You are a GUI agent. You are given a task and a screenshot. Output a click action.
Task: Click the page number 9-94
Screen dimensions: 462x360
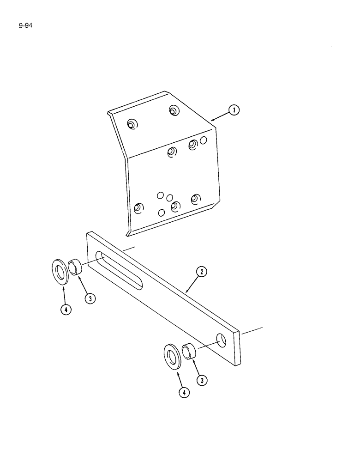pyautogui.click(x=26, y=20)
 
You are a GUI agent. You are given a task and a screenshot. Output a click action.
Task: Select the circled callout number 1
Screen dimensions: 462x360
pyautogui.click(x=234, y=110)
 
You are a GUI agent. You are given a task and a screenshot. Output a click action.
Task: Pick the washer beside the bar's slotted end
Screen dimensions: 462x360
pyautogui.click(x=60, y=273)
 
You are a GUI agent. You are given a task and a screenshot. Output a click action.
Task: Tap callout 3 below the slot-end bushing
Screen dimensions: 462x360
pyautogui.click(x=90, y=298)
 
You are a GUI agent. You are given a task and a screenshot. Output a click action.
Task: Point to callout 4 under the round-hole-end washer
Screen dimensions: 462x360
pyautogui.click(x=184, y=393)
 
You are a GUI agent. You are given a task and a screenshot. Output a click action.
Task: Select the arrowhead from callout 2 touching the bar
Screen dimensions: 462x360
pyautogui.click(x=186, y=291)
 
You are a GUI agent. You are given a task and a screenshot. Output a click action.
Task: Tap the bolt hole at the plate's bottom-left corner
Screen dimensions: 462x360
pyautogui.click(x=137, y=208)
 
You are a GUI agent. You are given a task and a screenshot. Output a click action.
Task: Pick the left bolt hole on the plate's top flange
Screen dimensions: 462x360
pyautogui.click(x=132, y=124)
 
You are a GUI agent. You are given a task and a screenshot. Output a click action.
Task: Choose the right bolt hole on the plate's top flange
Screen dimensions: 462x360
pyautogui.click(x=173, y=110)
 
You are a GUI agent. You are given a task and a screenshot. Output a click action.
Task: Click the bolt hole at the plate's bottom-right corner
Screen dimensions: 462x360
pyautogui.click(x=195, y=199)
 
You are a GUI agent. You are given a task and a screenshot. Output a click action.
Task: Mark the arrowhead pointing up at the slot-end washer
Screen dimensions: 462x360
pyautogui.click(x=63, y=288)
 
